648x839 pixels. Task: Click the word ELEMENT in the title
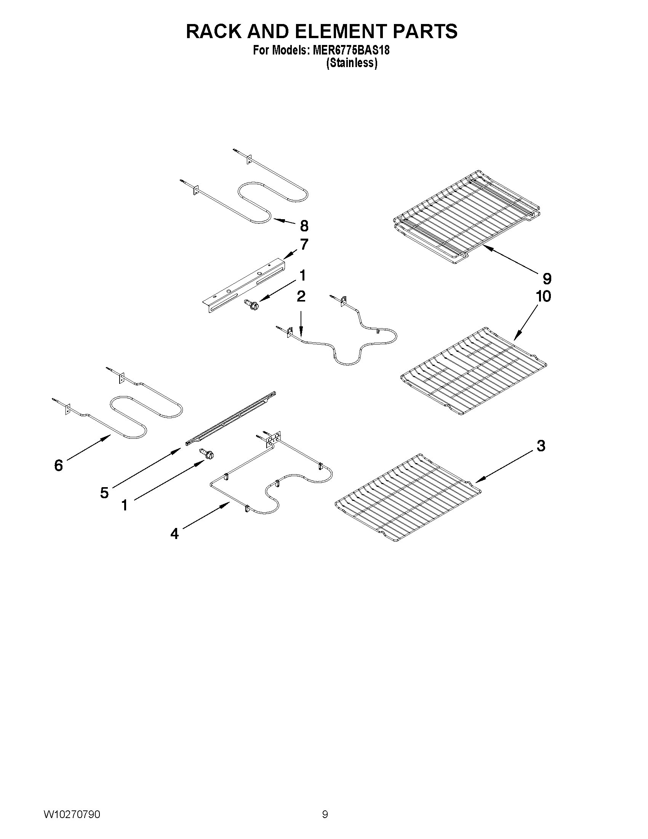click(329, 32)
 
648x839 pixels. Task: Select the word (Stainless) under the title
click(351, 63)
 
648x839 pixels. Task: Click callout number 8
click(304, 226)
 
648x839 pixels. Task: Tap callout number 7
click(304, 244)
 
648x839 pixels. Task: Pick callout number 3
click(541, 446)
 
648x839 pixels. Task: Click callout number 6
click(58, 465)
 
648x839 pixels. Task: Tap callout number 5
click(104, 492)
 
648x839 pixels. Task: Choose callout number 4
click(174, 534)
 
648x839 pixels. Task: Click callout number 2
click(301, 296)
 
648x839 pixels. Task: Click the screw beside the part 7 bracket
click(253, 305)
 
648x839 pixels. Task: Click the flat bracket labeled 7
click(244, 285)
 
